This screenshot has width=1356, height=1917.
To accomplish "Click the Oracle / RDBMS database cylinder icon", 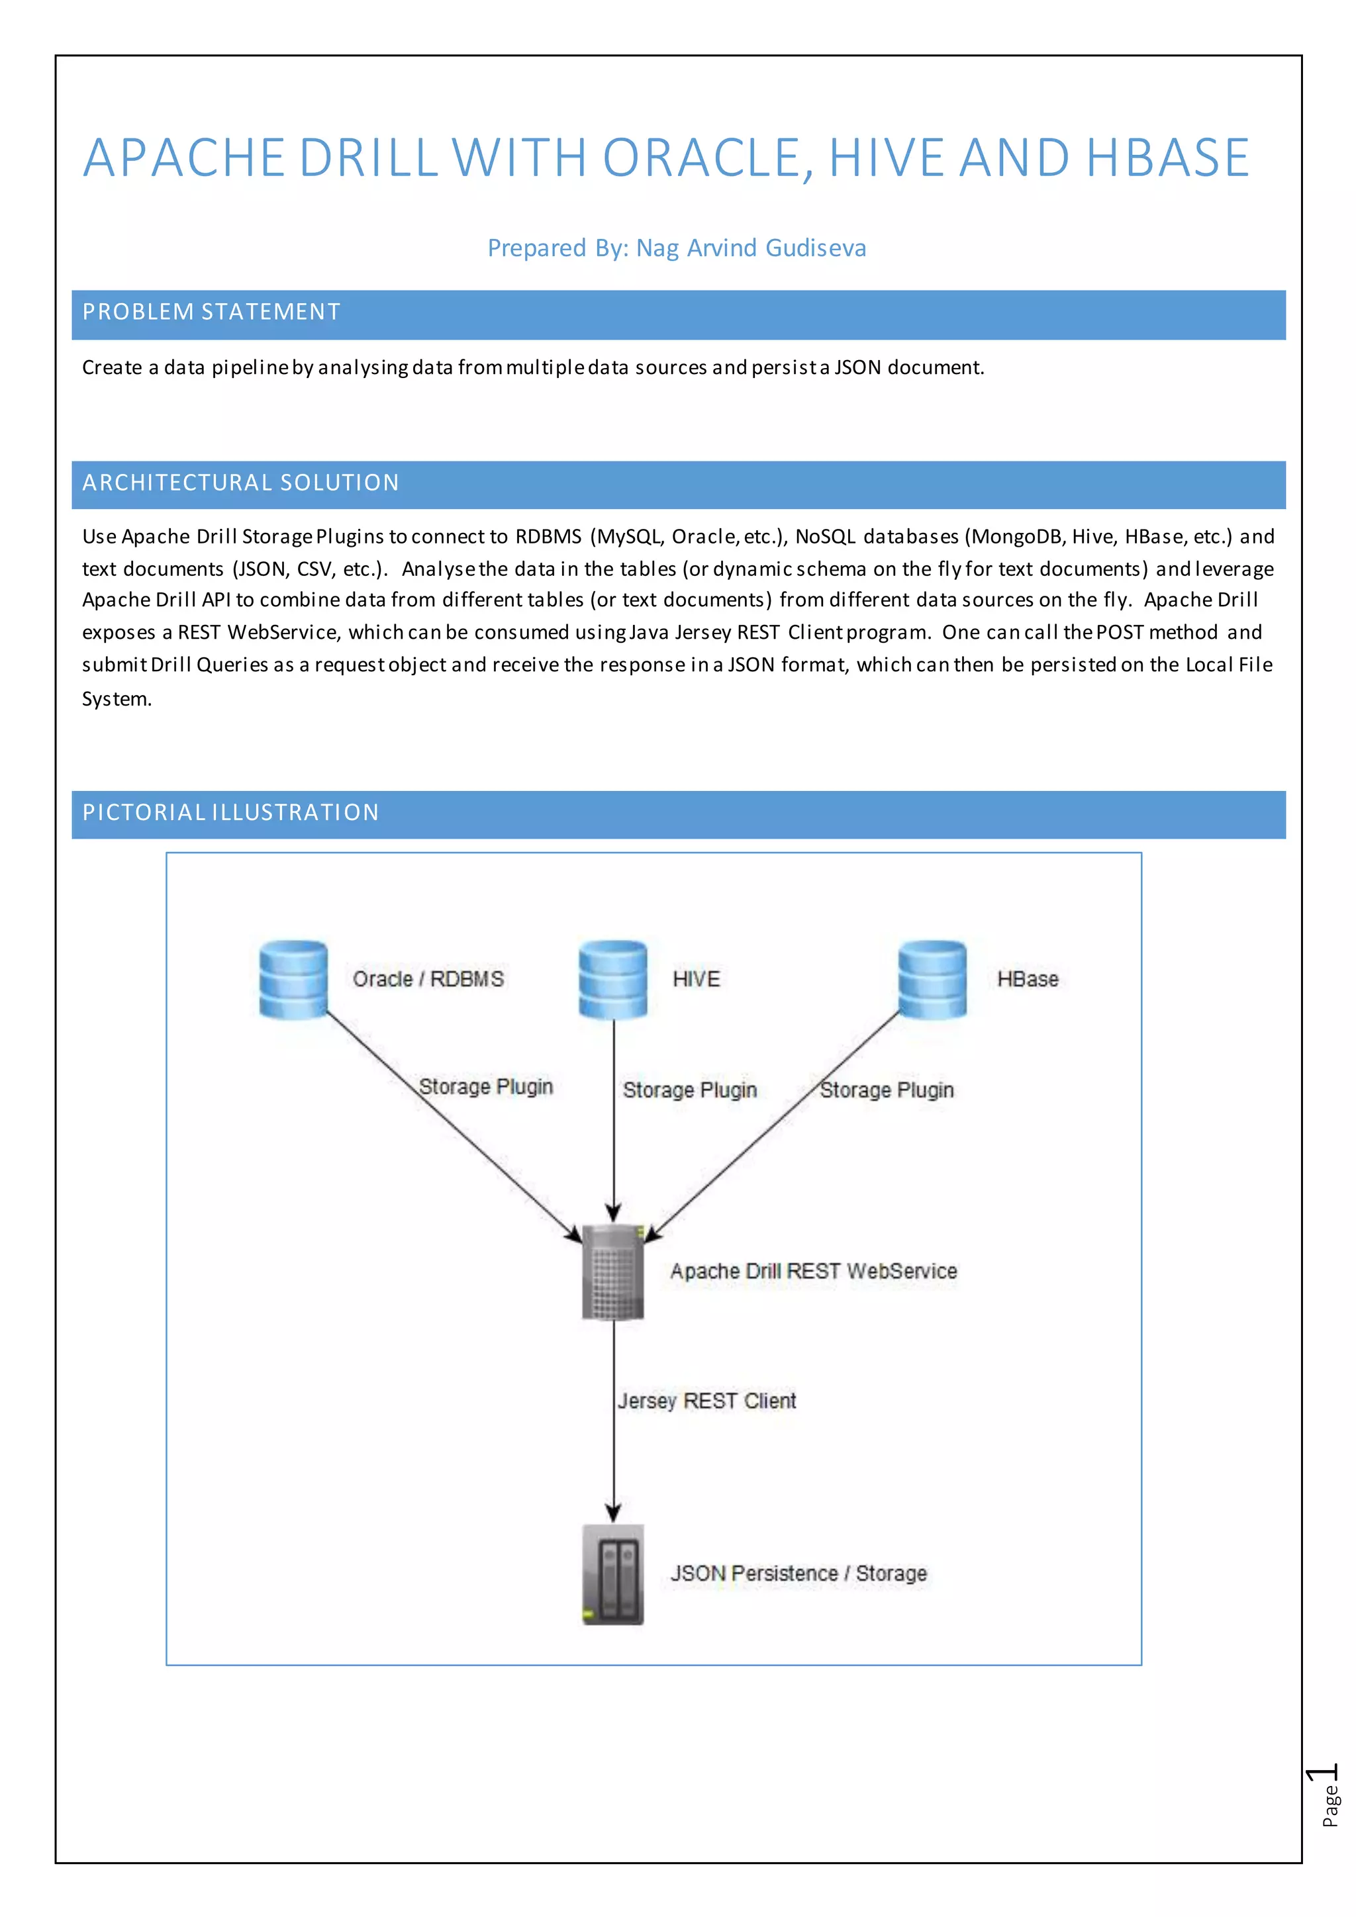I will coord(293,980).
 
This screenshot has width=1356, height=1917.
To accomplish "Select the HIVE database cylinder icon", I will coord(613,980).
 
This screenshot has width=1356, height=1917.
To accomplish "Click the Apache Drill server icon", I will coord(613,1272).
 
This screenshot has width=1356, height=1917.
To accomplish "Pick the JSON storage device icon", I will coord(613,1574).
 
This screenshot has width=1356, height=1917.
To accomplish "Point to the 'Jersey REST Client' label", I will coord(706,1401).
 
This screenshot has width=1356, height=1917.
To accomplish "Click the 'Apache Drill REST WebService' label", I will coord(813,1271).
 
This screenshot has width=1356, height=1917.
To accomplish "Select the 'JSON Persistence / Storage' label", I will coord(799,1573).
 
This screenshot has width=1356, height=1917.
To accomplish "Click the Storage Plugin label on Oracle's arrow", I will coord(486,1086).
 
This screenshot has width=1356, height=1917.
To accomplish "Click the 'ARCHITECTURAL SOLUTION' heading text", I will coord(240,483).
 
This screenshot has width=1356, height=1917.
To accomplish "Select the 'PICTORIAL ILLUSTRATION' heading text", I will coord(230,812).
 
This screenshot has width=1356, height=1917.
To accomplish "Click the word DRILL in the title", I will coord(369,158).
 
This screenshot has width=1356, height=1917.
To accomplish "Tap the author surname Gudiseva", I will coord(815,248).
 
